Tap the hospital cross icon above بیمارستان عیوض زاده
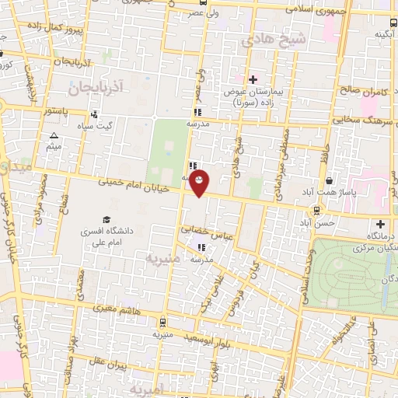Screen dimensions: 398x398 coord(253,79)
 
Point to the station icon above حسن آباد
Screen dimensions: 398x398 coord(316,210)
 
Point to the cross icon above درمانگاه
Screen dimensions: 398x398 coord(380,225)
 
